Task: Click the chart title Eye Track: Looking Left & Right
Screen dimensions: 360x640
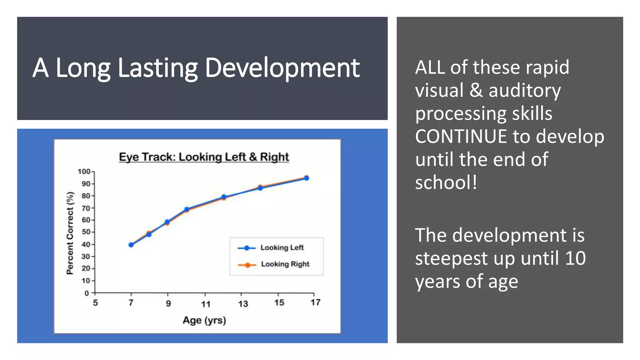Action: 204,157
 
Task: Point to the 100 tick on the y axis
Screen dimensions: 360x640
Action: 84,172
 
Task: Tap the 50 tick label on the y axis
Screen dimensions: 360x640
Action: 86,232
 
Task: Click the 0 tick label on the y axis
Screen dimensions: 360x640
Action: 87,293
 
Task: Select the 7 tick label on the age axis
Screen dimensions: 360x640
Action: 131,302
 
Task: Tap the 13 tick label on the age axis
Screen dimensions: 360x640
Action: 243,303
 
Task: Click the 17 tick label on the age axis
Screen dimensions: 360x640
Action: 315,302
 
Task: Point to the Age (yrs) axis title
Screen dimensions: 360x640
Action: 204,320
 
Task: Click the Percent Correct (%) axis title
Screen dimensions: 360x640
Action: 70,233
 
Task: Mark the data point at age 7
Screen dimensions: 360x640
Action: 131,245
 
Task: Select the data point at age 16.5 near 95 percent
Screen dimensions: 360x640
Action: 306,178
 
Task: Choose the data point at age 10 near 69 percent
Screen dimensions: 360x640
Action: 187,209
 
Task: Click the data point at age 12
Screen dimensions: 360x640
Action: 224,197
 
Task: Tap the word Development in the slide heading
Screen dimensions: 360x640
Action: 282,68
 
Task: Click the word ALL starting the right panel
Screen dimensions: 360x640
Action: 430,67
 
